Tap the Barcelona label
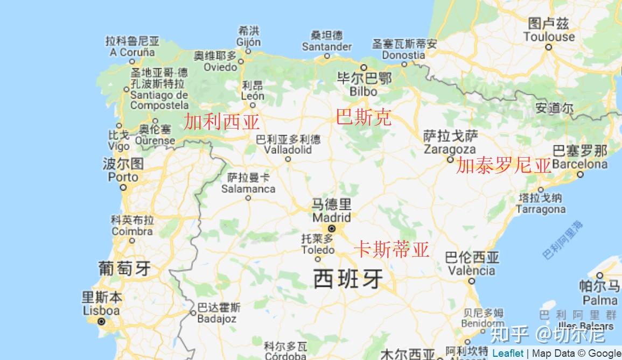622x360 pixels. [579, 164]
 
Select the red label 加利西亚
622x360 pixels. [222, 122]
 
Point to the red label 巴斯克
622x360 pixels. [364, 117]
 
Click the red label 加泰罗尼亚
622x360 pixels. [504, 165]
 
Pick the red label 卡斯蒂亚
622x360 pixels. [392, 249]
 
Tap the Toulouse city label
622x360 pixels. [549, 37]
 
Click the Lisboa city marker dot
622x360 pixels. [101, 321]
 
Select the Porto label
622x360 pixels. [123, 177]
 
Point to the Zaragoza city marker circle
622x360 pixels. [450, 159]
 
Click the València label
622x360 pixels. [471, 270]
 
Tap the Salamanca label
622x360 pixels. [248, 189]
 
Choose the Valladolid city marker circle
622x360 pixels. [288, 159]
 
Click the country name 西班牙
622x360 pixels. [348, 279]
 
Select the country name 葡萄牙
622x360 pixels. [124, 267]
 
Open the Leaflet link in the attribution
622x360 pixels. [508, 353]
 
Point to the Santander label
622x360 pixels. [326, 47]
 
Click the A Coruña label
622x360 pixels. [132, 52]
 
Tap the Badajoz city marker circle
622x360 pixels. [193, 313]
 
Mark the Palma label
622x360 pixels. [599, 300]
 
